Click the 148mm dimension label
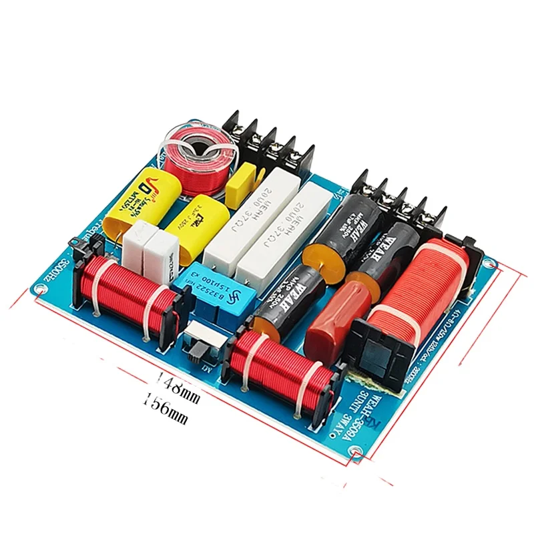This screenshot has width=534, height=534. [x=178, y=383]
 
